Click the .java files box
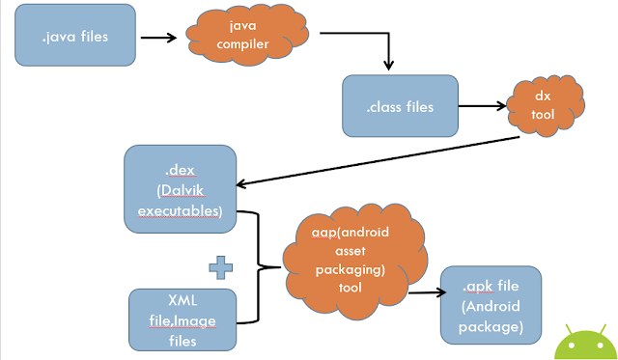[75, 35]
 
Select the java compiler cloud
[247, 35]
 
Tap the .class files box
[400, 106]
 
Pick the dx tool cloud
[546, 105]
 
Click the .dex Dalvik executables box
[181, 189]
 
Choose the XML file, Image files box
[183, 319]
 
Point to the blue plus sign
[221, 267]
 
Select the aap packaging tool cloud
[354, 261]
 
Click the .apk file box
[491, 305]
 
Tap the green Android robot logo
[586, 344]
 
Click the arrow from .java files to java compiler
[158, 38]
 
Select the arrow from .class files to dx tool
[483, 105]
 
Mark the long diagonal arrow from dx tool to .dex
[378, 161]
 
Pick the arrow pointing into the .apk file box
[427, 292]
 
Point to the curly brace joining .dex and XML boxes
[259, 267]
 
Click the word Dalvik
[182, 191]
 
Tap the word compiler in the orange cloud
[242, 44]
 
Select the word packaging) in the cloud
[350, 270]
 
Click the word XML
[183, 300]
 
